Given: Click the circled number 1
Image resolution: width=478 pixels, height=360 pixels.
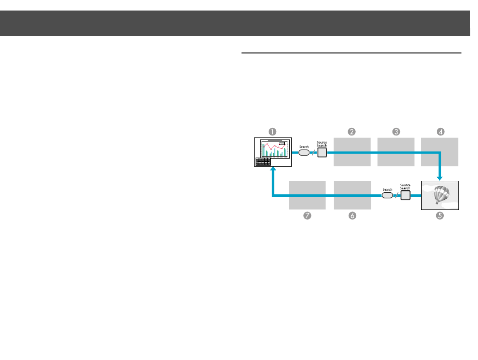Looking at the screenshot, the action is point(272,131).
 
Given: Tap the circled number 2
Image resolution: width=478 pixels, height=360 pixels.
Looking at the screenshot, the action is point(352,131).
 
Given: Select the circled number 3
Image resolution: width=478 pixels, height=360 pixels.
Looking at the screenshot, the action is point(396,131).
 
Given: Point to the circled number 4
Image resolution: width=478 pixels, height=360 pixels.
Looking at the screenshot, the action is point(440,131).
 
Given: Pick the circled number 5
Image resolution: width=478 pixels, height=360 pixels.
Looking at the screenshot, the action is point(440,215).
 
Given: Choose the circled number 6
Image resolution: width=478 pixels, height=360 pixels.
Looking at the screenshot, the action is point(352,215).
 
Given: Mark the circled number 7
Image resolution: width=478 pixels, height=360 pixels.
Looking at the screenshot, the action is point(307,215).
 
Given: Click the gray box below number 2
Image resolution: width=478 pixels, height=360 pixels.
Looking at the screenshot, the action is point(352,152).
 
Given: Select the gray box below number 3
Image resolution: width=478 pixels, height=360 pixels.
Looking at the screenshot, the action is point(395,152).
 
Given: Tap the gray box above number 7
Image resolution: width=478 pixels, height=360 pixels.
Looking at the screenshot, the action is point(307,195).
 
